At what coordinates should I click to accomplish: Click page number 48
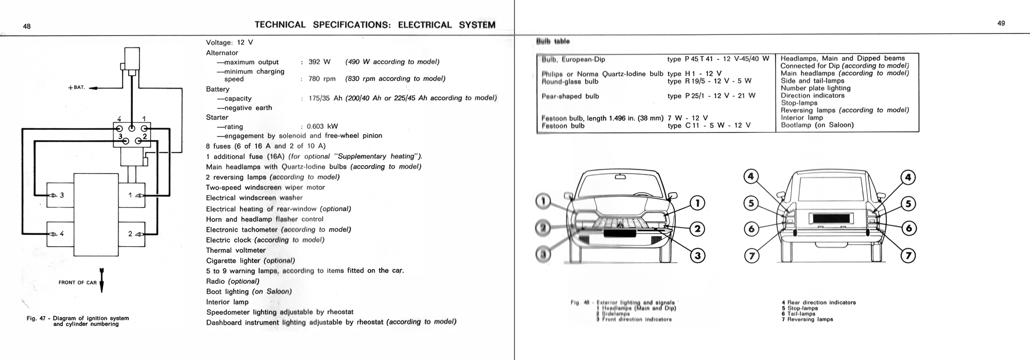[27, 27]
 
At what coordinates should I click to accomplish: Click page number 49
[1001, 23]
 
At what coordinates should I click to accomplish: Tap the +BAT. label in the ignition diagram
[76, 88]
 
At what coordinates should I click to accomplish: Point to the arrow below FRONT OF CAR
[101, 281]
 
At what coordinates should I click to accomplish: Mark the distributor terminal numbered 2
[138, 141]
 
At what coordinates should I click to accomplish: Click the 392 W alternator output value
[319, 62]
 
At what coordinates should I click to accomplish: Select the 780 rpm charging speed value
[322, 79]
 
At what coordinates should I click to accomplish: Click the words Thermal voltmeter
[236, 250]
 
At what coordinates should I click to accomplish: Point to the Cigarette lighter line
[250, 261]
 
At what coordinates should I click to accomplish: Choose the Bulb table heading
[553, 41]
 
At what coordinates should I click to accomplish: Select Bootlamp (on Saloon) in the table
[817, 125]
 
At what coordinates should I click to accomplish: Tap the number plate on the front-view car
[623, 233]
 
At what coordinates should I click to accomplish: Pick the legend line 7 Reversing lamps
[807, 319]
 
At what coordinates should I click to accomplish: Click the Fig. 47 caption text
[78, 321]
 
